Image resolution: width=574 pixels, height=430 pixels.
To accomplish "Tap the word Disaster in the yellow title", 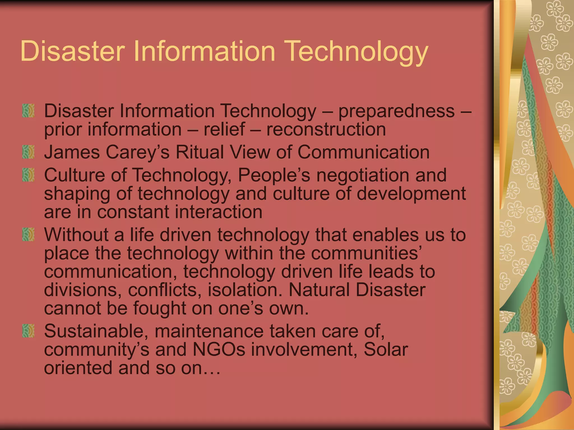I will pos(73,51).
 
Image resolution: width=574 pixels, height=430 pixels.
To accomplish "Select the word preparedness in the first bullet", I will pos(396,111).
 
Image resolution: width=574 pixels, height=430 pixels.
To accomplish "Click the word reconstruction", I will pos(326,129).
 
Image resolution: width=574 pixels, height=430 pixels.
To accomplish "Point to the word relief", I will pos(224,129).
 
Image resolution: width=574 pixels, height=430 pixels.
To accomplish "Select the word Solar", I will pos(386,350).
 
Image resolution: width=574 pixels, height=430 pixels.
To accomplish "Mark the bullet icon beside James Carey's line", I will pos(28,152).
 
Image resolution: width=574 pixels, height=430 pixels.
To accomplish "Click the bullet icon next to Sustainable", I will pos(28,331).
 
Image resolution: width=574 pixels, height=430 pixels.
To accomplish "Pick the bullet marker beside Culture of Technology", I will pos(28,175).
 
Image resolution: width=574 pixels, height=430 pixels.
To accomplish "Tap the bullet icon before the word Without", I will pos(28,234).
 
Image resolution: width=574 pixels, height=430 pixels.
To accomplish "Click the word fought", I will pos(159,308).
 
